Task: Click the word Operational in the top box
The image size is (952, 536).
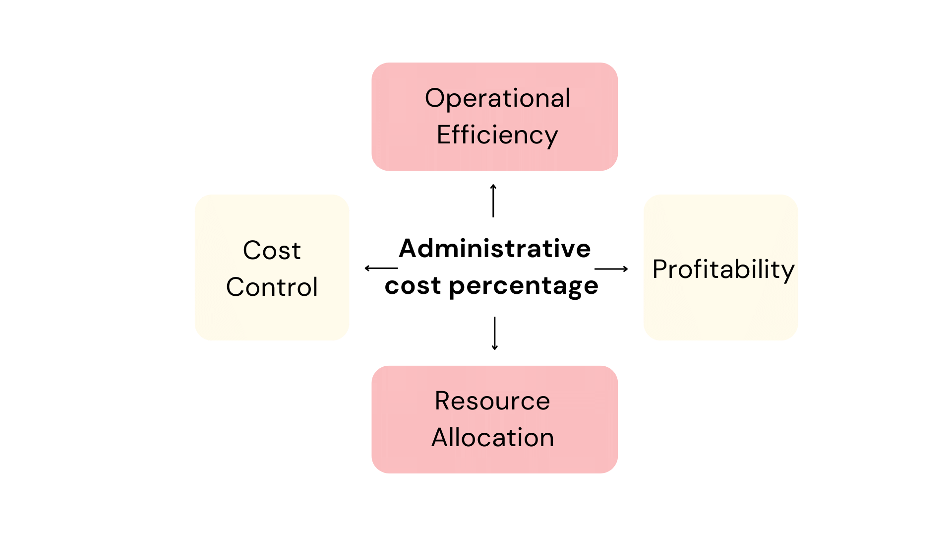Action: click(497, 98)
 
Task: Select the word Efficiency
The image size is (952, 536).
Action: click(497, 135)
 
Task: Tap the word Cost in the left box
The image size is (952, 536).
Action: click(272, 250)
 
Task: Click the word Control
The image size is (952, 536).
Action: click(272, 287)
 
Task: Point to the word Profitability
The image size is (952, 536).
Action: click(723, 269)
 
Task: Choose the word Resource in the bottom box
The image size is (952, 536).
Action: click(492, 401)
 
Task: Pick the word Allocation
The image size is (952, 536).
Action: click(492, 438)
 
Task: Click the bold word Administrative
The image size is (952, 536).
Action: click(495, 248)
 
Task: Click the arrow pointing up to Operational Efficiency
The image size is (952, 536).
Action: click(493, 201)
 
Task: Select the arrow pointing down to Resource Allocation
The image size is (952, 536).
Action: click(494, 334)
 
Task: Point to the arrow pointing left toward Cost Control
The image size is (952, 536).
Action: click(381, 268)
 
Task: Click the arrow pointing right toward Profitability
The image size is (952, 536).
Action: click(611, 269)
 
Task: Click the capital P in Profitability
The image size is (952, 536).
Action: click(660, 269)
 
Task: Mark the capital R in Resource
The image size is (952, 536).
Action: click(443, 401)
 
